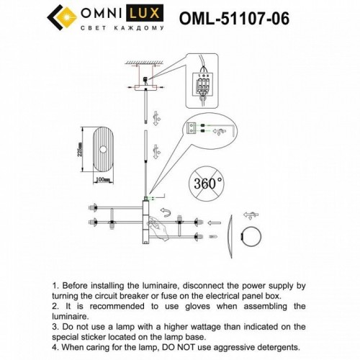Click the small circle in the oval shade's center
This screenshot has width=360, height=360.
click(x=107, y=149)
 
